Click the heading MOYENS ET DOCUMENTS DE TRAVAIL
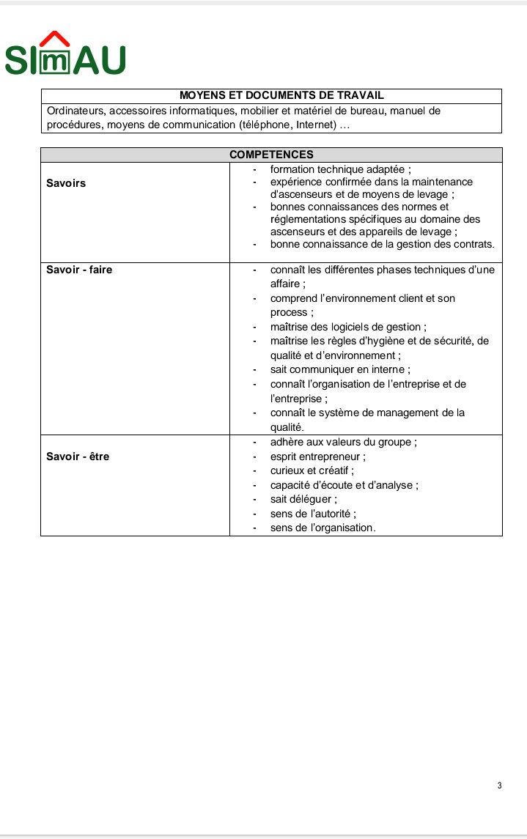tap(271, 96)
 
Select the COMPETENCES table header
tap(271, 155)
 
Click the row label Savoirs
tap(66, 183)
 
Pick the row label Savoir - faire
tap(79, 270)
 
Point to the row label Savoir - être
tap(78, 457)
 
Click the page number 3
tap(499, 786)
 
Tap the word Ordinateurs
tap(76, 111)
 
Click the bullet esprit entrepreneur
tap(317, 457)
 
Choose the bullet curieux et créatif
tap(312, 470)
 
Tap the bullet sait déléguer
tap(303, 499)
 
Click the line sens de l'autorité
tap(313, 514)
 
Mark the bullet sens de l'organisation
tap(323, 528)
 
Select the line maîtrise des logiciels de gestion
tap(348, 327)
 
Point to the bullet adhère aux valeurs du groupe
tap(344, 442)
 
